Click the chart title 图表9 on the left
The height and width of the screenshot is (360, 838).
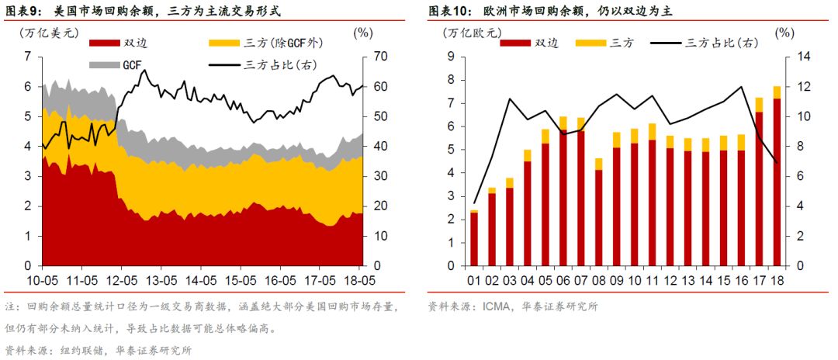pyautogui.click(x=24, y=12)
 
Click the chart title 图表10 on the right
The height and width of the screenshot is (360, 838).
pyautogui.click(x=451, y=12)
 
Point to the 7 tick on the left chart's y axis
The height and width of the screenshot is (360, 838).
pyautogui.click(x=27, y=57)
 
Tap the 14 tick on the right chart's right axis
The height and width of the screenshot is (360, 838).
pyautogui.click(x=802, y=57)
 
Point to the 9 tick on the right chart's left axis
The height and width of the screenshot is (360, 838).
pyautogui.click(x=450, y=57)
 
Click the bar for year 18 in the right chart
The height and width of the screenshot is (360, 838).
pyautogui.click(x=776, y=178)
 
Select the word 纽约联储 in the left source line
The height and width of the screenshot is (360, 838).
pyautogui.click(x=77, y=350)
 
